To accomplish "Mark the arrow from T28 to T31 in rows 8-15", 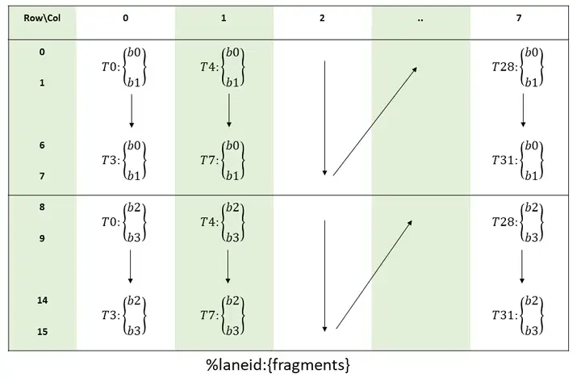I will pyautogui.click(x=523, y=267).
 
